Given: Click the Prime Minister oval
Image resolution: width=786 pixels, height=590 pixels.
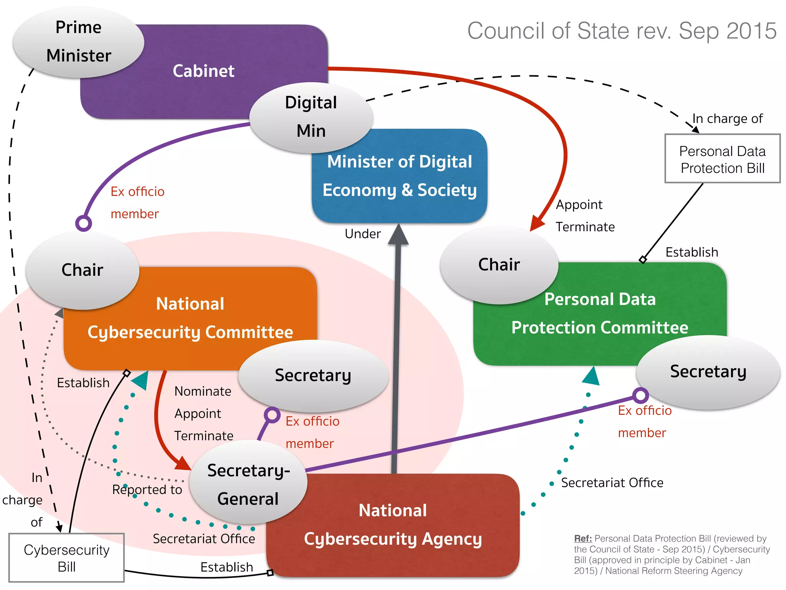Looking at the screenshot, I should [79, 41].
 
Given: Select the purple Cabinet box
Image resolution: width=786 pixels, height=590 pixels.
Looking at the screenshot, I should [203, 71].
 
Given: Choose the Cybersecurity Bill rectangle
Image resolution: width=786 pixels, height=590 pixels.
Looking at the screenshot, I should [66, 558].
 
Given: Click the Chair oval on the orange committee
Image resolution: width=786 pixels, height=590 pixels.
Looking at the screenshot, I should [82, 270].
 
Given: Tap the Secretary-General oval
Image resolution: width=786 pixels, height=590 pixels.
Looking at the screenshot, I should [248, 484].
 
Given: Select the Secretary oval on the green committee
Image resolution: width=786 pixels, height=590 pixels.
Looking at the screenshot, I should [708, 371].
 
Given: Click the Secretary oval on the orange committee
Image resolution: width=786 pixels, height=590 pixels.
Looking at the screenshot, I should [313, 375].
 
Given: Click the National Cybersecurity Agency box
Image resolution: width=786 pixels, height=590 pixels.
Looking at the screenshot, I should [393, 525].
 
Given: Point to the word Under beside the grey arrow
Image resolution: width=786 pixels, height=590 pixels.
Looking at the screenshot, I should [363, 234].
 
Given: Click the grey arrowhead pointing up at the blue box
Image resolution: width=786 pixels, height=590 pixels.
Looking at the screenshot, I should [398, 234].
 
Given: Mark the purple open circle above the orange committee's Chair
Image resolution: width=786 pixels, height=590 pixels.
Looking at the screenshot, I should [84, 223].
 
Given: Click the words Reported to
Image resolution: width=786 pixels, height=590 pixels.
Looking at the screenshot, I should [147, 490].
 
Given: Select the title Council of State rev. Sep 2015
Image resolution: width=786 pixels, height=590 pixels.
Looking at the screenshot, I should [622, 31].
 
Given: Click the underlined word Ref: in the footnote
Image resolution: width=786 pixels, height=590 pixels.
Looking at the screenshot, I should [583, 539].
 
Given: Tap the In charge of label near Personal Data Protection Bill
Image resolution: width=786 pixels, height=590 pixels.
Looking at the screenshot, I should [728, 119].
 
